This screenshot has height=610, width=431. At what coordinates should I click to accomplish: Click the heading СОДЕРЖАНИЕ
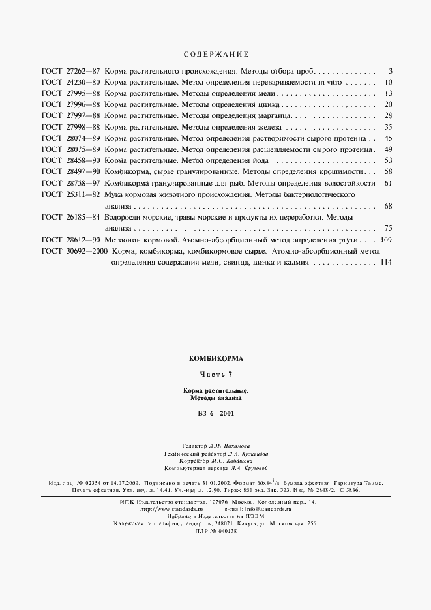pyautogui.click(x=215, y=54)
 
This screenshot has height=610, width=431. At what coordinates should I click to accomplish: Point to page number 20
pyautogui.click(x=387, y=104)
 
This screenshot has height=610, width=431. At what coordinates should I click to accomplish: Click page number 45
pyautogui.click(x=387, y=138)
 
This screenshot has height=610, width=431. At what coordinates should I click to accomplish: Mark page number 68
pyautogui.click(x=387, y=206)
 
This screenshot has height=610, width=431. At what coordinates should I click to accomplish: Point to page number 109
pyautogui.click(x=385, y=240)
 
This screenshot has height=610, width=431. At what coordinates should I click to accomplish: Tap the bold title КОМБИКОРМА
pyautogui.click(x=215, y=358)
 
